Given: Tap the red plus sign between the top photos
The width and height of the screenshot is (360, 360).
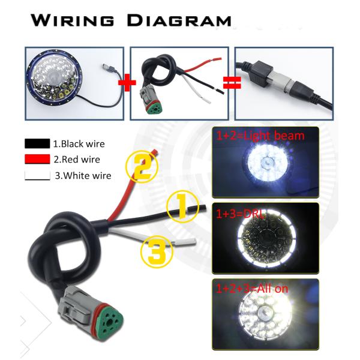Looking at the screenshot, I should (126, 82).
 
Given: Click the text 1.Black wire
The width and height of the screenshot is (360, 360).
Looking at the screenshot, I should (80, 144).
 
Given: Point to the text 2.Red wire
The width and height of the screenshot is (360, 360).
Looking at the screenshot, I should (77, 160).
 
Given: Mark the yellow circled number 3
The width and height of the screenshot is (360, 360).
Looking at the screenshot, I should (157, 252).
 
